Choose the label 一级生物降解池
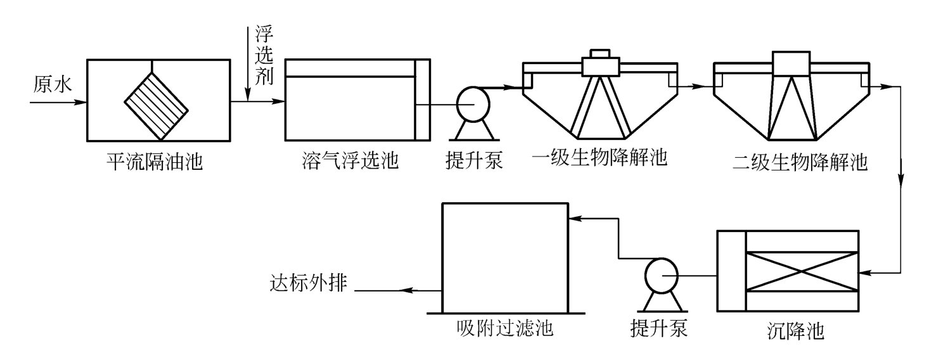tap(600, 157)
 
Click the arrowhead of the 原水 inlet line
tap(81, 101)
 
